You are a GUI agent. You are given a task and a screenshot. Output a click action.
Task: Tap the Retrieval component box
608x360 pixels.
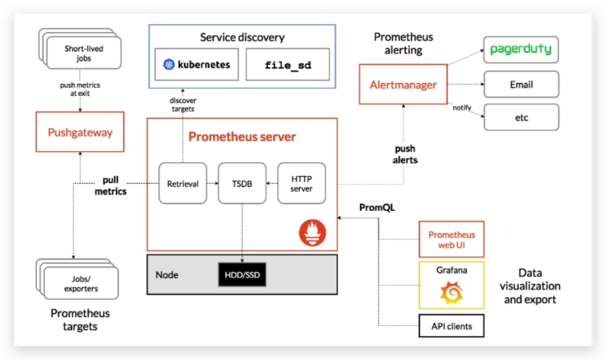tap(182, 183)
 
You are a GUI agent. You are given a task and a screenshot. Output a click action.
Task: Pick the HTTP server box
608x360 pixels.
tap(301, 183)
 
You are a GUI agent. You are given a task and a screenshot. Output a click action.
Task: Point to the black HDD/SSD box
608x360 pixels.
tap(242, 275)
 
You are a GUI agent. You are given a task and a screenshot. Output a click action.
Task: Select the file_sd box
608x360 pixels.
tap(277, 66)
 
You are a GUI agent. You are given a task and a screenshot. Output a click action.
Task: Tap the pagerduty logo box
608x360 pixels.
tap(521, 50)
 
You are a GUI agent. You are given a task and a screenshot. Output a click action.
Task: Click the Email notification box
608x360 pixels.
tap(521, 85)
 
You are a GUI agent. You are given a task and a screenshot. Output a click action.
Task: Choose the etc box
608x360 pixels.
tap(521, 118)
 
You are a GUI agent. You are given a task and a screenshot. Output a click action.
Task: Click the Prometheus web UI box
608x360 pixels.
tap(451, 239)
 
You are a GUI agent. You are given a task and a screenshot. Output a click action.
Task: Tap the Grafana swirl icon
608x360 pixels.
tap(451, 293)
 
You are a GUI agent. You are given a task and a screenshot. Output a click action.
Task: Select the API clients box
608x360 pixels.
tap(451, 326)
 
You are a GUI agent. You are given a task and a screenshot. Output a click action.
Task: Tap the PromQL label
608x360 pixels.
tap(377, 207)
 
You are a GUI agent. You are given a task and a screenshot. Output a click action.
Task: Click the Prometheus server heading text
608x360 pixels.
tap(242, 137)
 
